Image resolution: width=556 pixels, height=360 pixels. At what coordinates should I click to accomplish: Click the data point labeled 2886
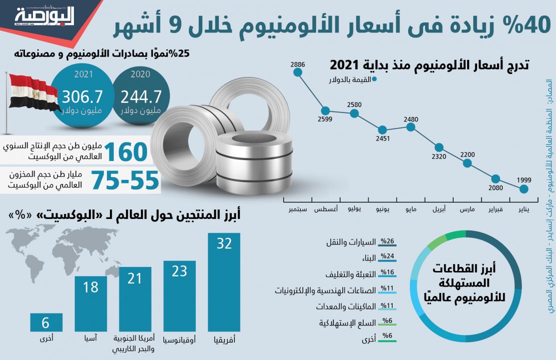(x=298, y=72)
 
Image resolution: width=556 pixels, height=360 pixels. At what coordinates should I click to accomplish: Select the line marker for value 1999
(x=524, y=189)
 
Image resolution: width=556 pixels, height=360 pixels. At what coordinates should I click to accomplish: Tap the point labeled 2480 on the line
(x=411, y=127)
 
